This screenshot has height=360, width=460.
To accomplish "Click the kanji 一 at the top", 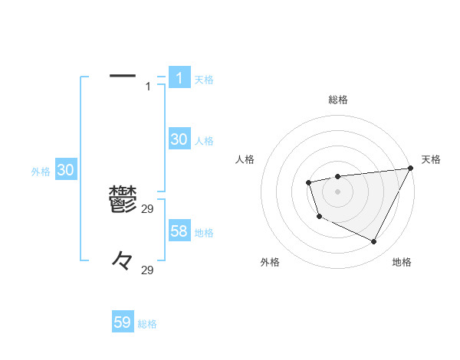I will click(x=123, y=76).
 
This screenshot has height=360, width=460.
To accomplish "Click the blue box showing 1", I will click(x=179, y=77).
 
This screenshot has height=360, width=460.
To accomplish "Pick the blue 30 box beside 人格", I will click(x=179, y=139).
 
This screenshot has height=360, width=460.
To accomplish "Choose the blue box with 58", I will click(x=179, y=231).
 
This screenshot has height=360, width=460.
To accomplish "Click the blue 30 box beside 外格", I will click(x=65, y=170).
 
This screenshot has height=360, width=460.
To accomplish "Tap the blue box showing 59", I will click(x=123, y=322).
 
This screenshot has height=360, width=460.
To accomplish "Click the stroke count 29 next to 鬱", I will click(x=148, y=209).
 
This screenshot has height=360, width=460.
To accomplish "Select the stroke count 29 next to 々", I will click(x=148, y=270).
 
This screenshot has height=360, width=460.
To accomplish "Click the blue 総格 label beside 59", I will click(x=147, y=324).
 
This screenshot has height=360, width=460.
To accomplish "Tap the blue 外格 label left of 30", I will click(x=41, y=172).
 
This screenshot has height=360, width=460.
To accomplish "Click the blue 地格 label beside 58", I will click(x=204, y=233).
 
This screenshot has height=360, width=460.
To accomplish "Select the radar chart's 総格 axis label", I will click(x=337, y=100).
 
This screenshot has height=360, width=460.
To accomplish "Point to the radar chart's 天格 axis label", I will click(x=431, y=159).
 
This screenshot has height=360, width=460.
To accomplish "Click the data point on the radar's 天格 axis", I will click(x=410, y=168).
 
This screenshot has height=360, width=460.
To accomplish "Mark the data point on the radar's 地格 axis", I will click(x=374, y=242).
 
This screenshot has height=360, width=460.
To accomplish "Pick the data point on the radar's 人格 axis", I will click(x=308, y=182).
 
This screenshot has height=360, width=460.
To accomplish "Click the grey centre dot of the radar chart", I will click(x=337, y=191).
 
